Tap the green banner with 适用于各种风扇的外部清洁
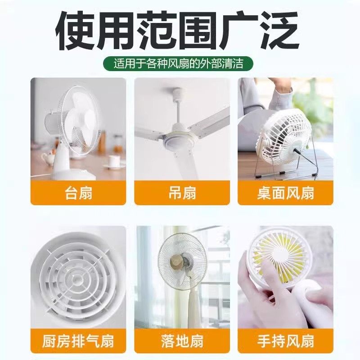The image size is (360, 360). tap(178, 63)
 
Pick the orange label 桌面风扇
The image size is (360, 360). tap(285, 193)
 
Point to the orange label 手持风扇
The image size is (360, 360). tap(285, 341)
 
